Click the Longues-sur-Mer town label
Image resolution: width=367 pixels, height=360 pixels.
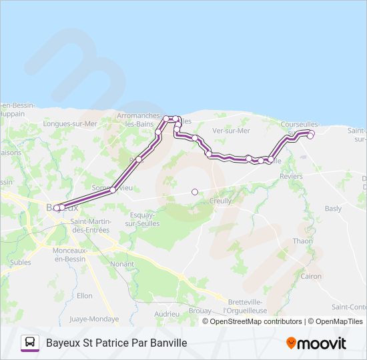(70, 123)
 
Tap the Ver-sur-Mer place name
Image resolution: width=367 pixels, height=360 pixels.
(231, 131)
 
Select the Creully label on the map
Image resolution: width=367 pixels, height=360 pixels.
(220, 201)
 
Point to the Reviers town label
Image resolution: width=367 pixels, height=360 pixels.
(291, 177)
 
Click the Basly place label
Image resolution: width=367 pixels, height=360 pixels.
(333, 209)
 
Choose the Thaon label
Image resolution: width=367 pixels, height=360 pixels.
(302, 241)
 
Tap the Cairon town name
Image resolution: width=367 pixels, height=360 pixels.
(311, 276)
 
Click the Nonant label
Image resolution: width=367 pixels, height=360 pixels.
(122, 264)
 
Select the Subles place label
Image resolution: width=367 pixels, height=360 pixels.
(21, 262)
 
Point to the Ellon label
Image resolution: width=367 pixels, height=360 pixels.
(85, 295)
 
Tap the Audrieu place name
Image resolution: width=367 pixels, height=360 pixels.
(166, 313)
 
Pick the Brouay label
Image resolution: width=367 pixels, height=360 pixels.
(200, 311)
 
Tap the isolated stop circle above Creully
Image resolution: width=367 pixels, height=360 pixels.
(195, 192)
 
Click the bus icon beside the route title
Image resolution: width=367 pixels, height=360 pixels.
(30, 343)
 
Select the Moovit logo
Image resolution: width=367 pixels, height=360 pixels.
(316, 343)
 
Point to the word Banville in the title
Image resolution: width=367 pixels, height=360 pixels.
(166, 343)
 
